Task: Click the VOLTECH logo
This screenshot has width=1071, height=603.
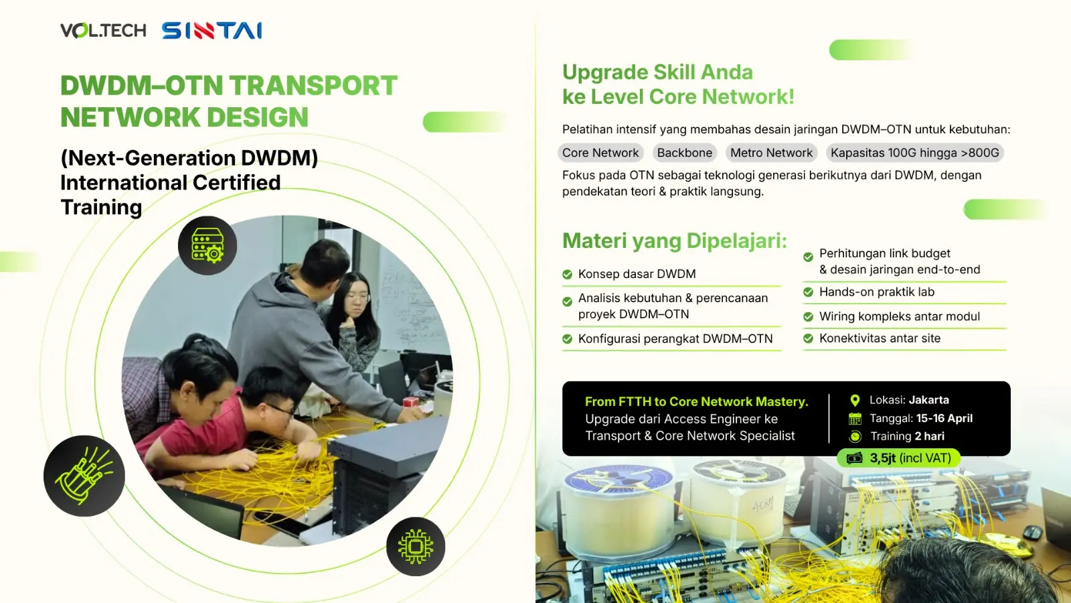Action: [103, 31]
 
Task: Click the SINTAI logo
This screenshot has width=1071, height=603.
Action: [212, 31]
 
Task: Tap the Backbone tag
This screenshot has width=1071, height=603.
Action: [684, 153]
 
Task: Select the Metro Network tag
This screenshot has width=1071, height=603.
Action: [771, 153]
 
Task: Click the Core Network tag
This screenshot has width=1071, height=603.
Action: [600, 153]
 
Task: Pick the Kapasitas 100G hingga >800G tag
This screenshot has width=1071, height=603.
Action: [914, 153]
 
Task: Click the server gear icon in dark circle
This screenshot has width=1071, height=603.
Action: [208, 245]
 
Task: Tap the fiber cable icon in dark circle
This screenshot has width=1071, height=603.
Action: [84, 476]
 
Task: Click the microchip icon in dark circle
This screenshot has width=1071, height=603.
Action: [416, 547]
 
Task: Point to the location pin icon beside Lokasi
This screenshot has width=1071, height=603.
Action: [855, 401]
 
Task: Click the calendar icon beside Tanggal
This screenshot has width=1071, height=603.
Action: [855, 419]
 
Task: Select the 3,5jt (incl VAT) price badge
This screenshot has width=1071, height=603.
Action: [899, 458]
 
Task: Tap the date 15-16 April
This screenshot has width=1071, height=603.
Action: [944, 418]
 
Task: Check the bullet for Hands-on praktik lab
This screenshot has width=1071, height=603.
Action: [808, 292]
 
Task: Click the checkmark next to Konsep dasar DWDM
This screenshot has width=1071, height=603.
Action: [567, 274]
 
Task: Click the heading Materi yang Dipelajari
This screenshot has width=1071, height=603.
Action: [674, 241]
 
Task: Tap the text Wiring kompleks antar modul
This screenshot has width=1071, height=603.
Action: [899, 316]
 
